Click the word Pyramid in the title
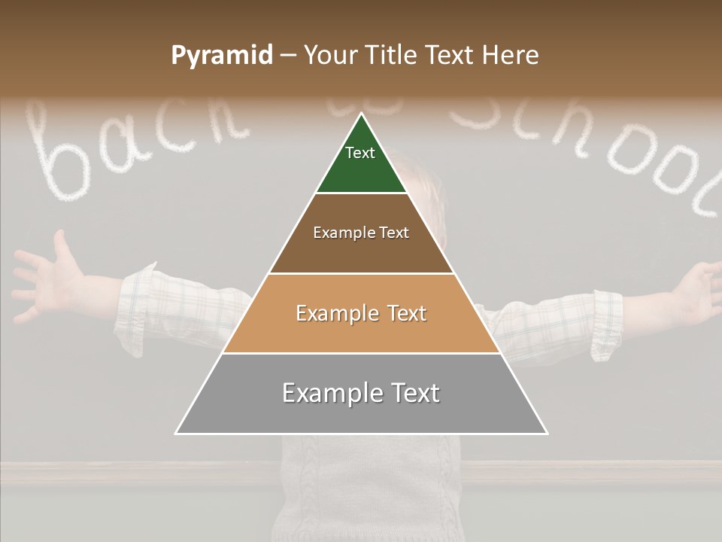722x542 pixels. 221,56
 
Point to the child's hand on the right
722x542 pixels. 696,290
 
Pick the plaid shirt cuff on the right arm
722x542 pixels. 605,324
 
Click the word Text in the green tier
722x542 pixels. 360,153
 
